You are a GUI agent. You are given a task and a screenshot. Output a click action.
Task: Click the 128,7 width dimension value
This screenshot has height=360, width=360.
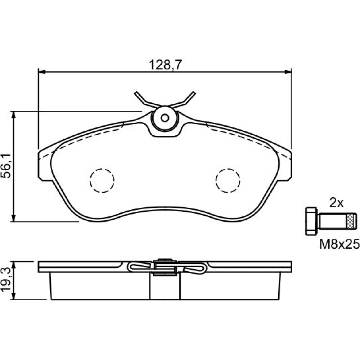[x=165, y=65]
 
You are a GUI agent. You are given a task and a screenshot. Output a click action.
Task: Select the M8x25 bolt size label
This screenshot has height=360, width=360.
[x=339, y=244]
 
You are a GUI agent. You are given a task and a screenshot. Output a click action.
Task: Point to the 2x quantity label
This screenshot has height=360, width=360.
[x=336, y=203]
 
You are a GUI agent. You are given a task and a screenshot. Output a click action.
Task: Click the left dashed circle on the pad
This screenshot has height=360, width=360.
[x=102, y=180]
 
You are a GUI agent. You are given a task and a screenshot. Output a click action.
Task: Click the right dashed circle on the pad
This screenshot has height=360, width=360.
[x=228, y=180]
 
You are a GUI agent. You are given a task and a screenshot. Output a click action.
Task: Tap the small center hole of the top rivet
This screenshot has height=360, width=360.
[x=165, y=118]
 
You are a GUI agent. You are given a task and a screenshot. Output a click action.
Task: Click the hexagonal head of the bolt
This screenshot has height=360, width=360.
[x=311, y=221]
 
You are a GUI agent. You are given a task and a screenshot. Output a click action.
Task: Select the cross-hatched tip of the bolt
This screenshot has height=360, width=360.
[x=351, y=221]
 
